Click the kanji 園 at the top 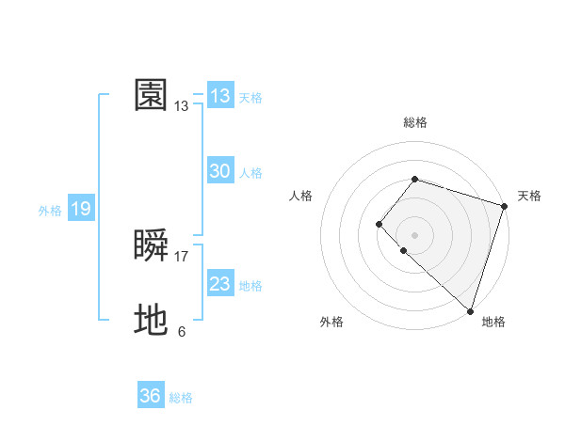pos(152,95)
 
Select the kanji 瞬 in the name pos(152,245)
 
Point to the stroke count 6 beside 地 pos(182,332)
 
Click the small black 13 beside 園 pos(182,107)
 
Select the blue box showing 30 pos(220,171)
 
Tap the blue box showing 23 pos(220,284)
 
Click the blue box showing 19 pos(81,209)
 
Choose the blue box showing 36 pos(150,396)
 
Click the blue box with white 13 pos(220,96)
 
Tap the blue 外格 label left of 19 pos(50,211)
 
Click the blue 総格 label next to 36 pos(181,398)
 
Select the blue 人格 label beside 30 pos(250,173)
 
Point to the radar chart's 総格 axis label pos(414,123)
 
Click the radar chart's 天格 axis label pos(529,196)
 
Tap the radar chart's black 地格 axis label pos(493,322)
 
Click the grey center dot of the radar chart pos(414,235)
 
